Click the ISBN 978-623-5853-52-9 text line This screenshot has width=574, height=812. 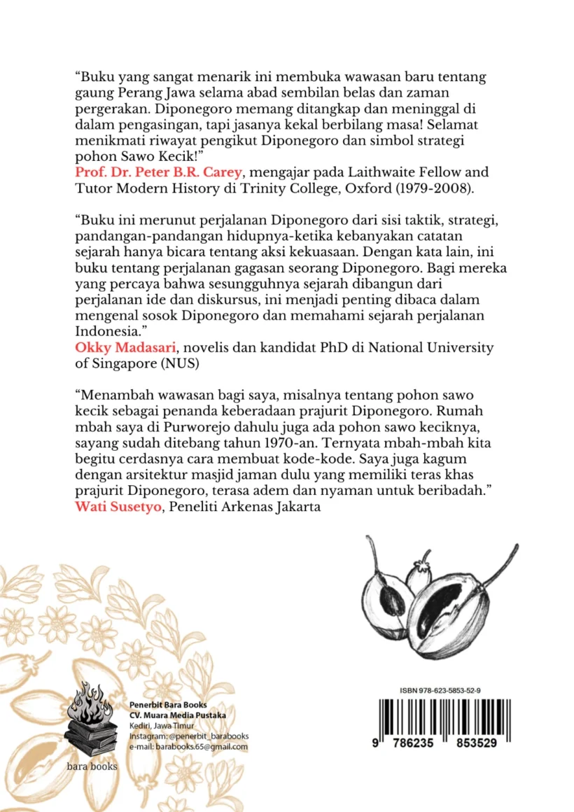pyautogui.click(x=440, y=689)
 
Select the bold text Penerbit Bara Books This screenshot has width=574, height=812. pyautogui.click(x=168, y=704)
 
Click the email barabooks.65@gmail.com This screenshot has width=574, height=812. pyautogui.click(x=189, y=746)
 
